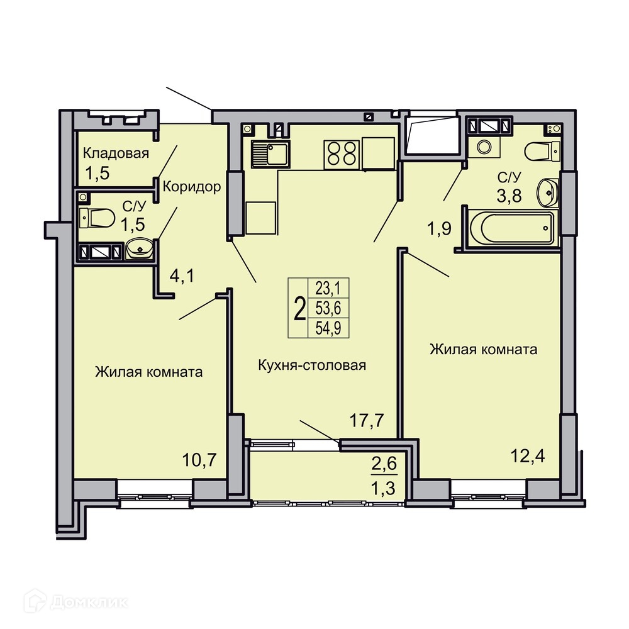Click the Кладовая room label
coord(116,153)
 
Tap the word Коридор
coord(192,187)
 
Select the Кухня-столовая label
coord(312,365)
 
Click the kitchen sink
coord(270,155)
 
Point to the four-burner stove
coord(342,155)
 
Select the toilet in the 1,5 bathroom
coord(97,218)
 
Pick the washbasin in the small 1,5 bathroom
coord(140,248)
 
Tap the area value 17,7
coord(367,420)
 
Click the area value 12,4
coord(528,456)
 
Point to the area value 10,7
coord(199,460)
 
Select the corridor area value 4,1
coord(182,276)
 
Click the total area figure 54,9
coord(328,328)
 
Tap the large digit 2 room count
coord(299,308)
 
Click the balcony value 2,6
coord(384,464)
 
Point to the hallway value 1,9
coord(439,228)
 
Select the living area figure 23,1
coord(328,288)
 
